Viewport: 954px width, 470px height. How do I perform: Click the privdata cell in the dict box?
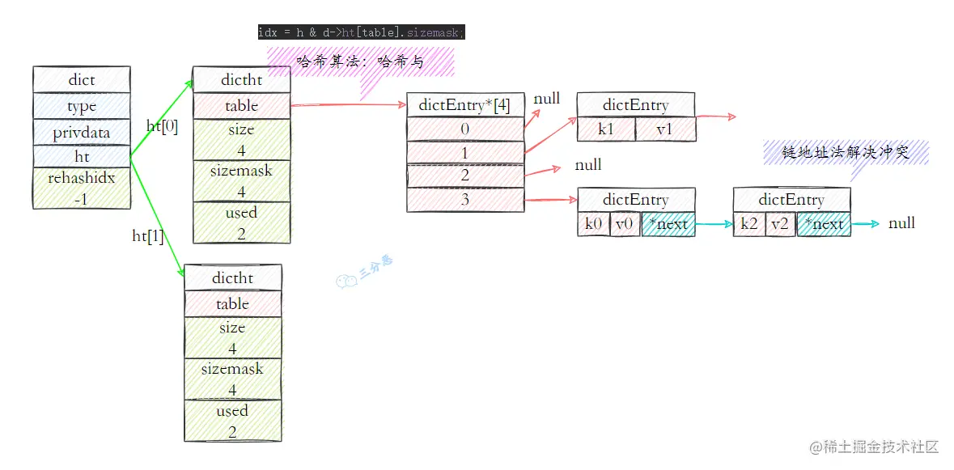[x=81, y=132]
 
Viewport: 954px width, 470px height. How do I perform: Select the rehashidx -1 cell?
[x=81, y=188]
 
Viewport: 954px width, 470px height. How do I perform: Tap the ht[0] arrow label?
[x=162, y=125]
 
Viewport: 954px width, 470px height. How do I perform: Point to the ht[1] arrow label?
[x=148, y=235]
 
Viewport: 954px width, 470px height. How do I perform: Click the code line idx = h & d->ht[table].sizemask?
[x=361, y=32]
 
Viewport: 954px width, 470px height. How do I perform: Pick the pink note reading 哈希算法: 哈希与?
[x=360, y=61]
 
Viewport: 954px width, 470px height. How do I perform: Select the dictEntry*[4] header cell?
[x=464, y=105]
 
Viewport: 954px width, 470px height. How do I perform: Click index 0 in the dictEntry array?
[x=464, y=129]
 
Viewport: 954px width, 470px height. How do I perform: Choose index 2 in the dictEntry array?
[x=464, y=176]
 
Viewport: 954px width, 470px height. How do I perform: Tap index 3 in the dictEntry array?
[x=464, y=199]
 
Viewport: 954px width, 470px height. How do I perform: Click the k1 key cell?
[x=606, y=129]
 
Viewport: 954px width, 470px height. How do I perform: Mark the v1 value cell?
[x=664, y=129]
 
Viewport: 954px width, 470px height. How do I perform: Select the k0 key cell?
[x=593, y=224]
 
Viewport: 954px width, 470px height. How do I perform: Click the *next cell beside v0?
[x=668, y=224]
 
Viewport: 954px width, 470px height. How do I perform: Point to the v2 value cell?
[x=780, y=224]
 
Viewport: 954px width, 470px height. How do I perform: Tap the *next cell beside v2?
[x=824, y=224]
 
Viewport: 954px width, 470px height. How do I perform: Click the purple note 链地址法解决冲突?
[x=846, y=152]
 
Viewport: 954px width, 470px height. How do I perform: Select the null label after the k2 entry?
[x=901, y=222]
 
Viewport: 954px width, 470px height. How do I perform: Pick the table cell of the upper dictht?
[x=241, y=105]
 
